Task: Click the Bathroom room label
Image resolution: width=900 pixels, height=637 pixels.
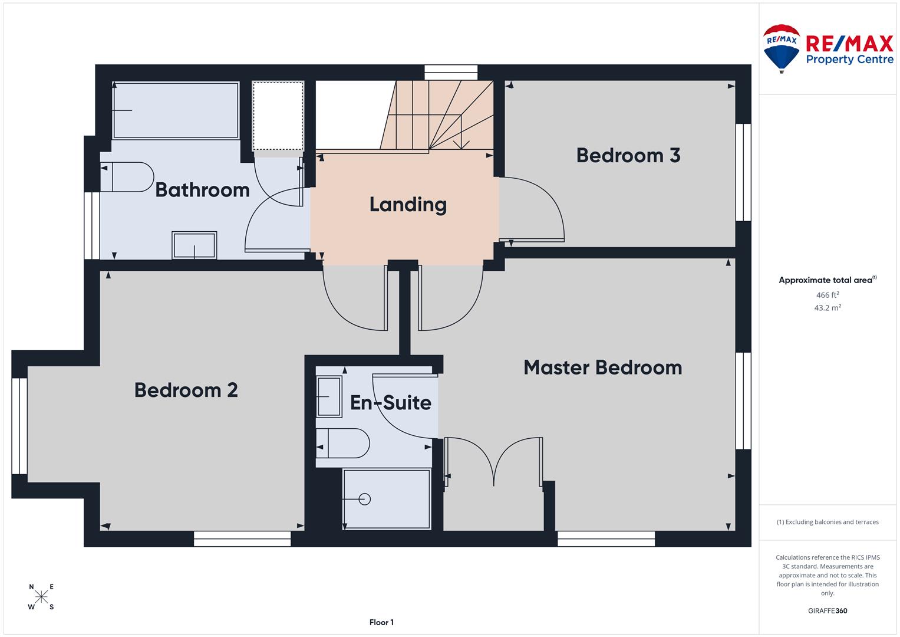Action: coord(203,190)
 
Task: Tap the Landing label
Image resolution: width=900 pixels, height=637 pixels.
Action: coord(408,205)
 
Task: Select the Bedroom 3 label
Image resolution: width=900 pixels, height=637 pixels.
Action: coord(628,155)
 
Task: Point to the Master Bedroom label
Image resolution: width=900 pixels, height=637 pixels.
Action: coord(603,367)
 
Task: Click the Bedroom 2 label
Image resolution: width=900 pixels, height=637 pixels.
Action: coord(186,390)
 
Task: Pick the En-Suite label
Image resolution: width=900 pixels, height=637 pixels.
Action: coord(391,402)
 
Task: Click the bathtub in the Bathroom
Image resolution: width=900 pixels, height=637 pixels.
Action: coord(176,110)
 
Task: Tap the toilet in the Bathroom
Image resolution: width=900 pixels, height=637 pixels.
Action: coord(127,177)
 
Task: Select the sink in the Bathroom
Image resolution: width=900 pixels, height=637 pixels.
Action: coord(194,245)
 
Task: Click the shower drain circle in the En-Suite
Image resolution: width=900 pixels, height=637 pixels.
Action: coord(364,499)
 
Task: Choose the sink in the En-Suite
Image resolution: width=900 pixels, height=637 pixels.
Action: coord(329,396)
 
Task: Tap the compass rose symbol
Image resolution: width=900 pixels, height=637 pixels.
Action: coord(41,596)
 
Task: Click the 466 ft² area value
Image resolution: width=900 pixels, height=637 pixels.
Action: coord(828,295)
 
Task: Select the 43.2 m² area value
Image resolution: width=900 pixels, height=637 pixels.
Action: coord(828,308)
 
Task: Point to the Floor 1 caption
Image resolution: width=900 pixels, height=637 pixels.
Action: coord(381,622)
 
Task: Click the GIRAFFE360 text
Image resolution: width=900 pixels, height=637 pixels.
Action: coord(828,610)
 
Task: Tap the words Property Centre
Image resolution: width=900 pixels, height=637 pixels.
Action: coord(850,60)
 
